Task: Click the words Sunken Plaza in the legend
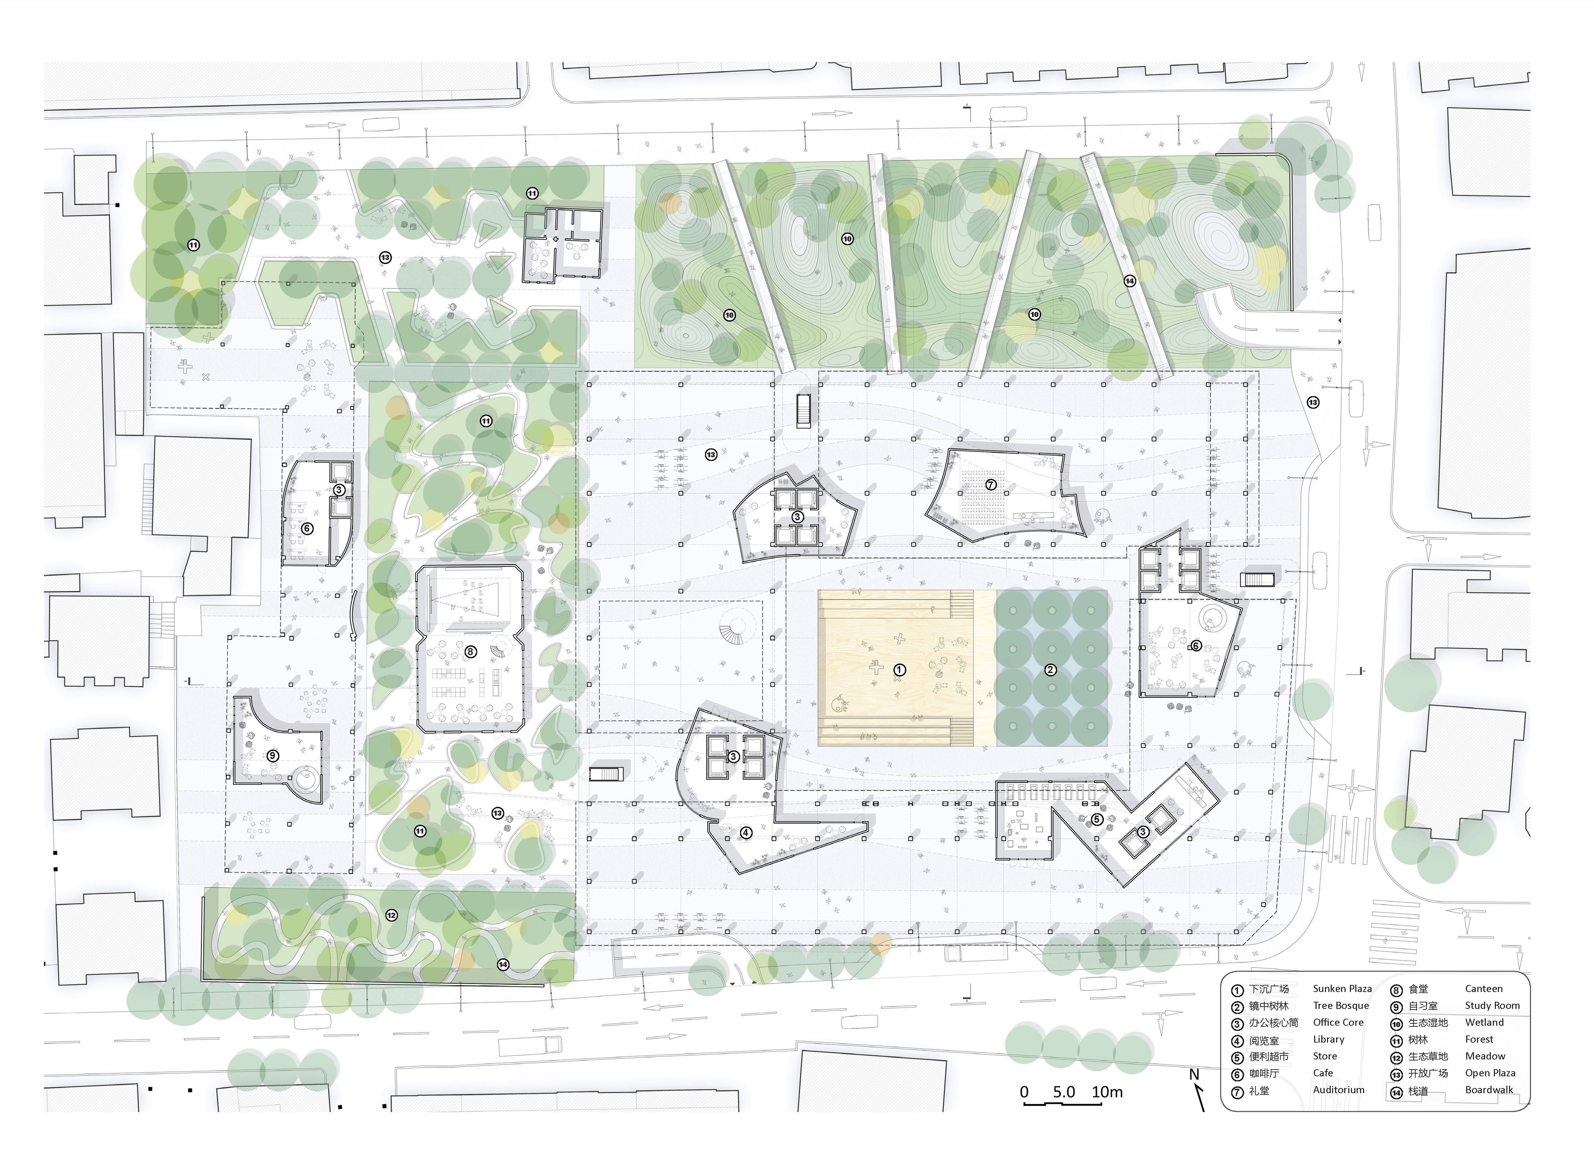[x=1342, y=989]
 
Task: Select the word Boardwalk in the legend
[x=1489, y=1090]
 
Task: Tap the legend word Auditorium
[x=1339, y=1090]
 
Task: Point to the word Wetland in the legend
[x=1484, y=1023]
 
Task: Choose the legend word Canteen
[x=1484, y=989]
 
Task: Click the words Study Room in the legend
[x=1492, y=1006]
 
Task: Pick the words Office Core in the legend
[x=1338, y=1023]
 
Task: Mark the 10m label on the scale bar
[x=1107, y=1092]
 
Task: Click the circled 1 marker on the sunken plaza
[x=899, y=670]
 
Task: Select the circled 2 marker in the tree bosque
[x=1050, y=670]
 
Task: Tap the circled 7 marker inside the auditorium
[x=990, y=485]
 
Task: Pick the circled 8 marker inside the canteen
[x=470, y=651]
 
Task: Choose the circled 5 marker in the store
[x=1097, y=819]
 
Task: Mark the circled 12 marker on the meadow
[x=391, y=915]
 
